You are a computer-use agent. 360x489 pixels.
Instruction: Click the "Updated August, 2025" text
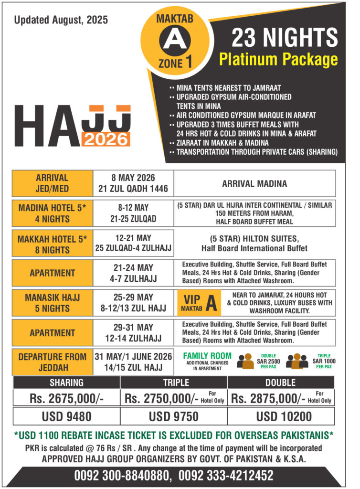(61, 20)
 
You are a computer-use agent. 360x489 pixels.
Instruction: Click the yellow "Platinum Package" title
(278, 59)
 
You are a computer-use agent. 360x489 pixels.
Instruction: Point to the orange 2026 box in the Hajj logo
(106, 139)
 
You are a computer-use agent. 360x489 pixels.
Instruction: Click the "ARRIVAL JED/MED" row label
(53, 183)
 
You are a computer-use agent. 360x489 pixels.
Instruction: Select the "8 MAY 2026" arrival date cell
(133, 183)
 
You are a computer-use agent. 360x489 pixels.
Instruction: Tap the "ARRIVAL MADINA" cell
(254, 183)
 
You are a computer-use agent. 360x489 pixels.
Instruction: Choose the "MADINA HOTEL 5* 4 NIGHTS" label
(53, 213)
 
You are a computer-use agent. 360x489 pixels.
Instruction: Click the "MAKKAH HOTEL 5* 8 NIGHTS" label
(53, 244)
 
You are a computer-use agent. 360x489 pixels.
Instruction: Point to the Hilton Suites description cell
(254, 244)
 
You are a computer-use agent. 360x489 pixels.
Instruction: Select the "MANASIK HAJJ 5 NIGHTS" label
(53, 303)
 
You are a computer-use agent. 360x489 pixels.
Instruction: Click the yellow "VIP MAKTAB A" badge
(199, 303)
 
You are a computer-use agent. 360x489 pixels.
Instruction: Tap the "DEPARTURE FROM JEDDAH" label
(53, 362)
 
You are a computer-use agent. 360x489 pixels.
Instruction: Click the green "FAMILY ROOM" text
(207, 356)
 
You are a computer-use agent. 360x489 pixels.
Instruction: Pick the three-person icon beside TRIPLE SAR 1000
(297, 362)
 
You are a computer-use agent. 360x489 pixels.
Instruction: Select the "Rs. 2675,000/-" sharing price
(66, 397)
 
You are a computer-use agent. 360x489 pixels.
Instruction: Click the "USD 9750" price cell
(174, 416)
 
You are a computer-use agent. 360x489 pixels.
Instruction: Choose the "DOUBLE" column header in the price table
(281, 383)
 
